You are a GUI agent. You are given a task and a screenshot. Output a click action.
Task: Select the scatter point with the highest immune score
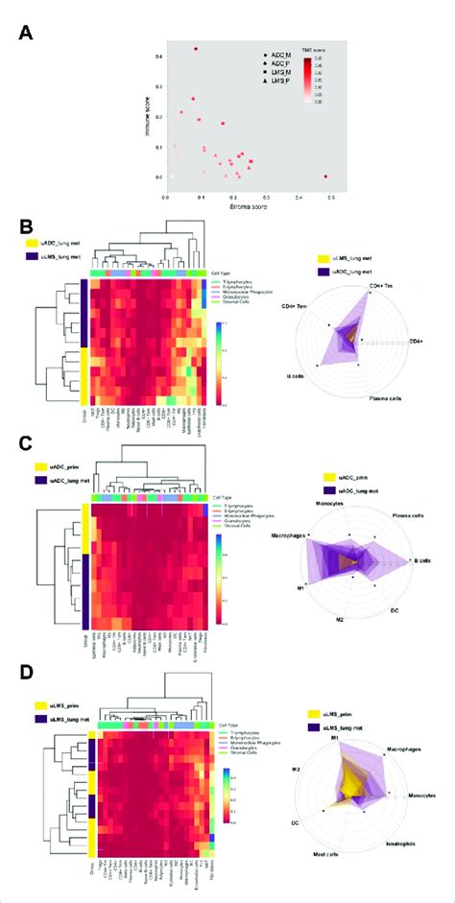(197, 49)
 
